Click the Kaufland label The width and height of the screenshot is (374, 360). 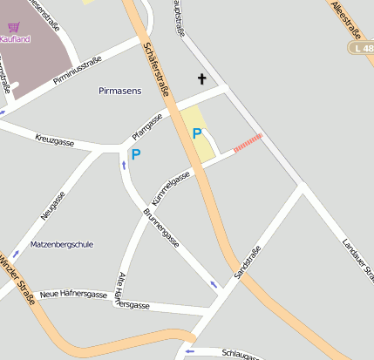coord(15,39)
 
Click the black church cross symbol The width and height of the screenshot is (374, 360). coord(202,79)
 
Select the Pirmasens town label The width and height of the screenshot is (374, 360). coord(120,91)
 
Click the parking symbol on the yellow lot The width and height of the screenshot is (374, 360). coord(197,133)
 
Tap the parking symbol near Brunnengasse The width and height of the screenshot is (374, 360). coord(136,154)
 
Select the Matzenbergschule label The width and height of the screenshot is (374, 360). coord(61,245)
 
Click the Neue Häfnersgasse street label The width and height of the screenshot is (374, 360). coord(72,294)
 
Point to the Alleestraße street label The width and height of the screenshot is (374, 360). coord(347,21)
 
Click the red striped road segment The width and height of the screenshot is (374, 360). coord(248,143)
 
